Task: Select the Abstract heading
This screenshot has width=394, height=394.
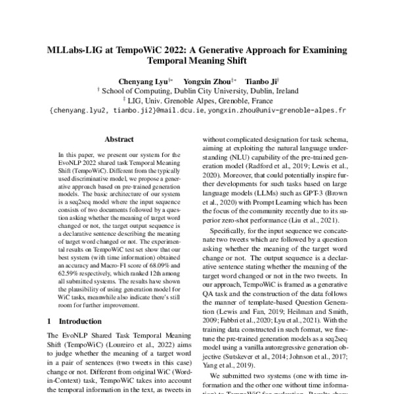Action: [x=120, y=139]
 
